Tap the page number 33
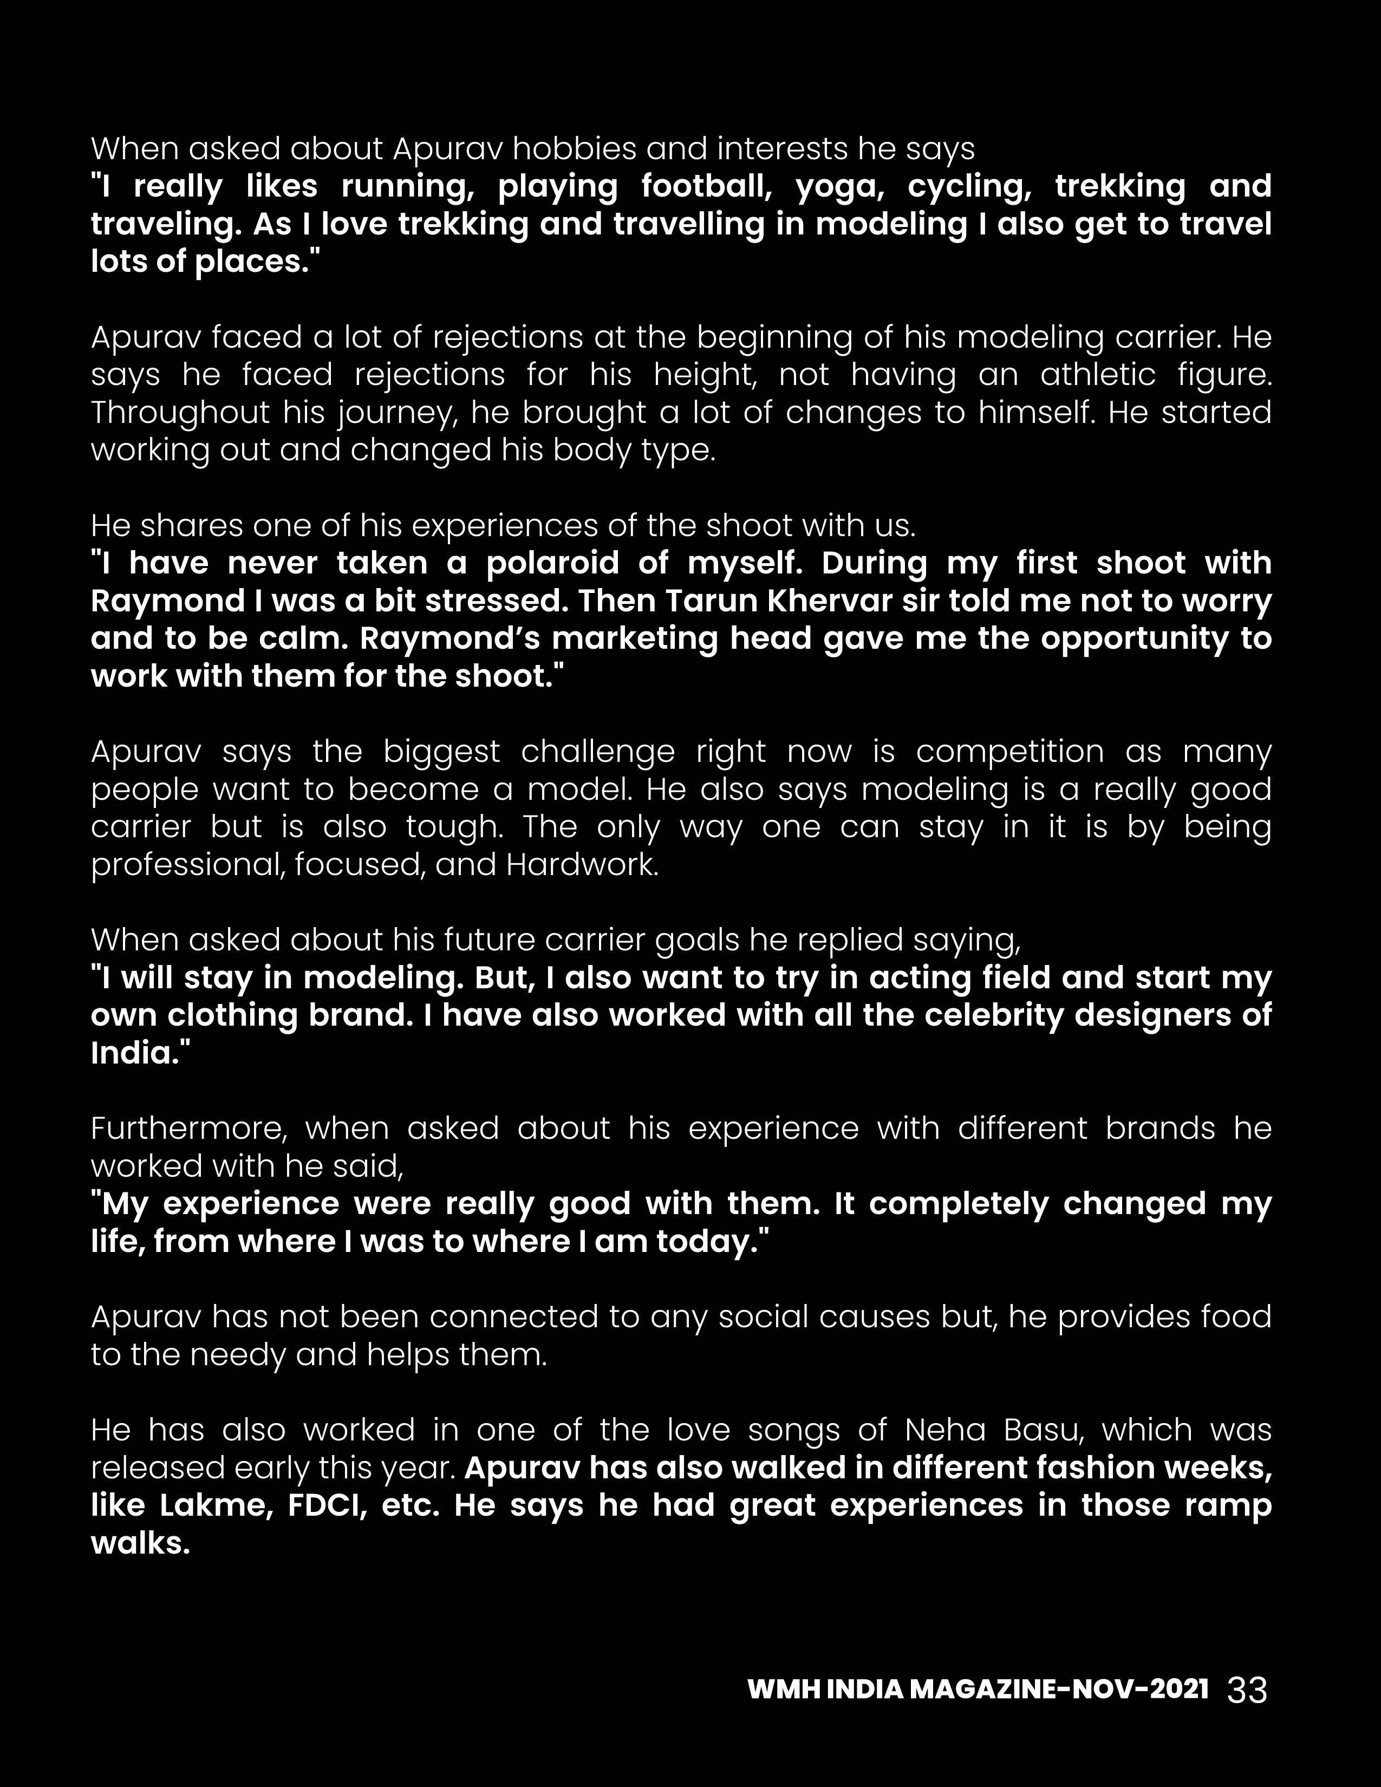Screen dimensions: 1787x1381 point(1248,1689)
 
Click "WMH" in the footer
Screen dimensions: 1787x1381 point(783,1689)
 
